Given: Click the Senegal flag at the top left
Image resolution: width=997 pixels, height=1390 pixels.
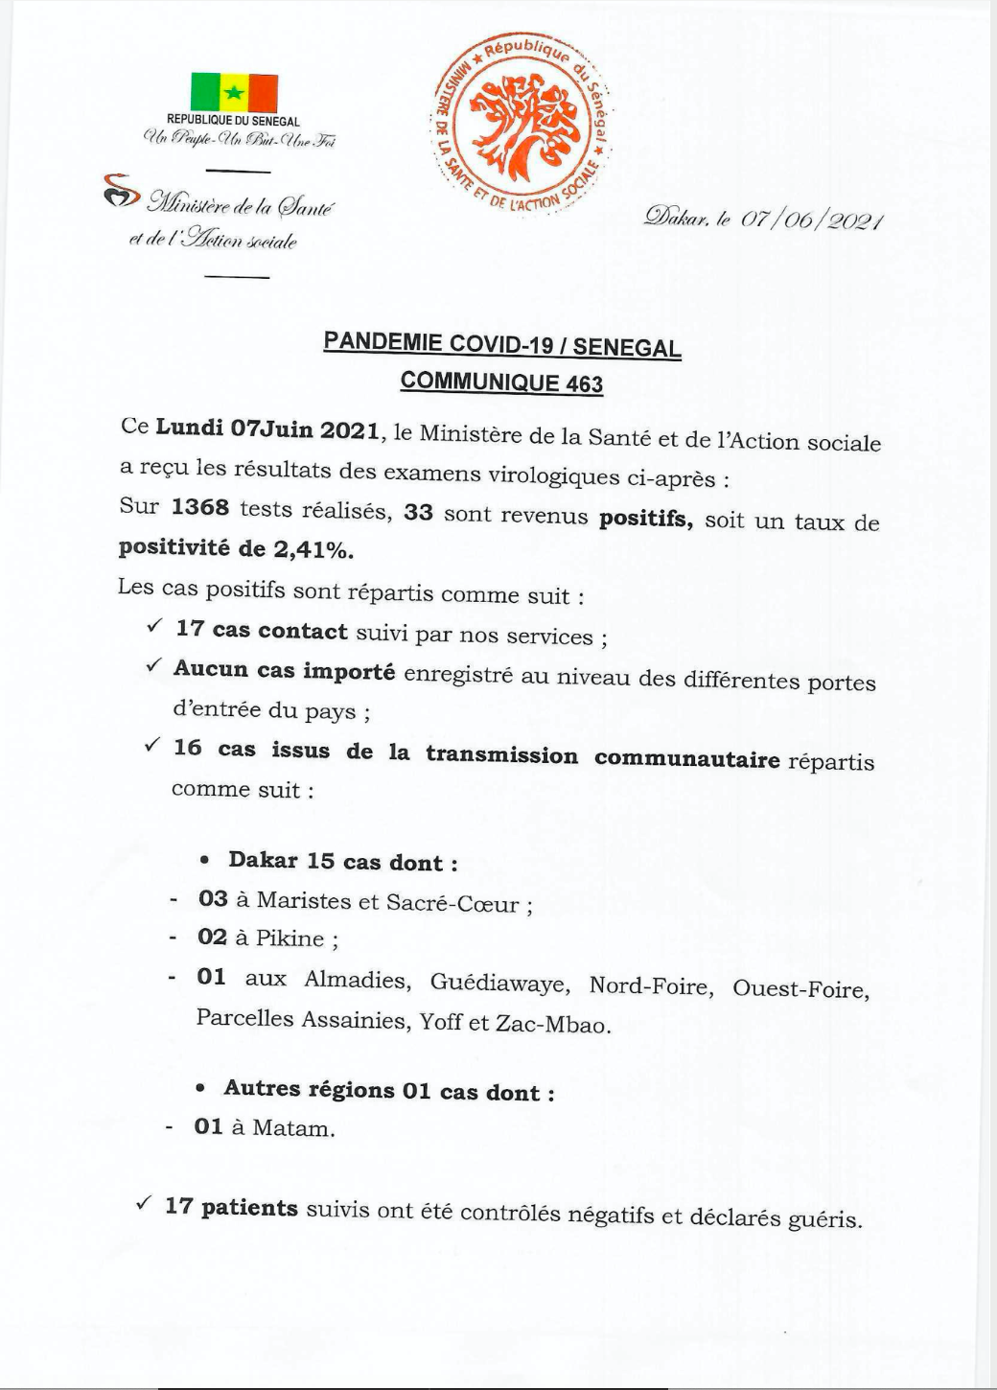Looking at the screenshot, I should [234, 93].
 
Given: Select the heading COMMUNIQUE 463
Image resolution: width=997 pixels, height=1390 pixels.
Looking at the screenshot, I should [501, 382].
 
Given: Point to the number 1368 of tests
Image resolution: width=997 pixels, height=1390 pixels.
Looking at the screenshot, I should [200, 507].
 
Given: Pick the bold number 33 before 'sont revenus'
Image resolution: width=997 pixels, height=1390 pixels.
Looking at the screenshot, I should [418, 513].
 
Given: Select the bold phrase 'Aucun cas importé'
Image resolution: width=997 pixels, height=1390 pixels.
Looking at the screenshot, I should [284, 670].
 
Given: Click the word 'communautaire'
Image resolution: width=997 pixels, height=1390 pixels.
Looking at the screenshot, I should [686, 759].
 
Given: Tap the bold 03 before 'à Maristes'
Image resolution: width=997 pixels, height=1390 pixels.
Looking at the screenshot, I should [213, 899].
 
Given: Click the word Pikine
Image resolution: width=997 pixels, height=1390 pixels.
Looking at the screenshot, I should [290, 938].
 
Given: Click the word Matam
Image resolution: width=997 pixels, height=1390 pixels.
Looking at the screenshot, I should [292, 1128].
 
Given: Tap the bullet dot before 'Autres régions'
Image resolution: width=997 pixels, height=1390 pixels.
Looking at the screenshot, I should [200, 1089].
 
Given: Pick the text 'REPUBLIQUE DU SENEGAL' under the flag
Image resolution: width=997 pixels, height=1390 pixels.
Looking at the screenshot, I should [233, 121].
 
